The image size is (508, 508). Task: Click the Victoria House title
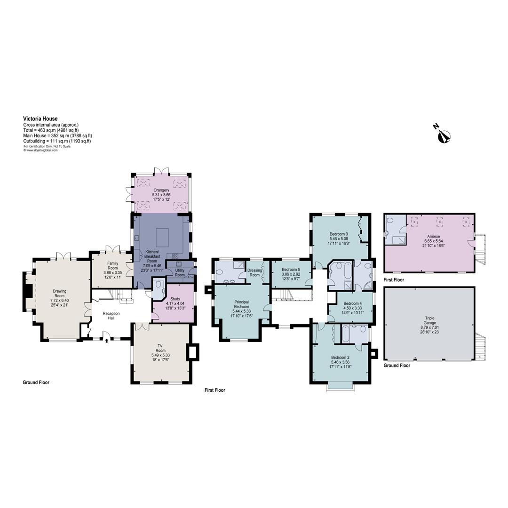point(40,119)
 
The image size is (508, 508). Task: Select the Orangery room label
point(160,190)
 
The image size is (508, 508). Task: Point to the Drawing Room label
point(60,291)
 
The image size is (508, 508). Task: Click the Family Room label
point(112,266)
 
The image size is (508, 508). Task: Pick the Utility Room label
point(180,272)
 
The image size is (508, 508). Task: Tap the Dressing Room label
point(254,272)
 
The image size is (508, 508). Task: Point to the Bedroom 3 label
point(339,234)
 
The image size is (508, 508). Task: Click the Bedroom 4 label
point(352,303)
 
